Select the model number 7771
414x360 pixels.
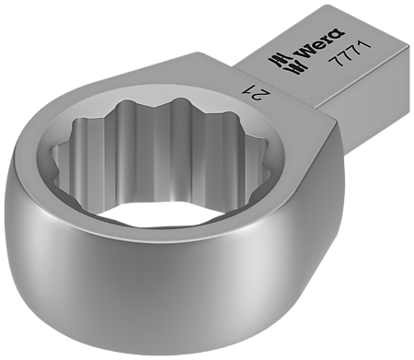[x=349, y=52]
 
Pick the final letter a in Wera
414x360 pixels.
[x=339, y=33]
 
